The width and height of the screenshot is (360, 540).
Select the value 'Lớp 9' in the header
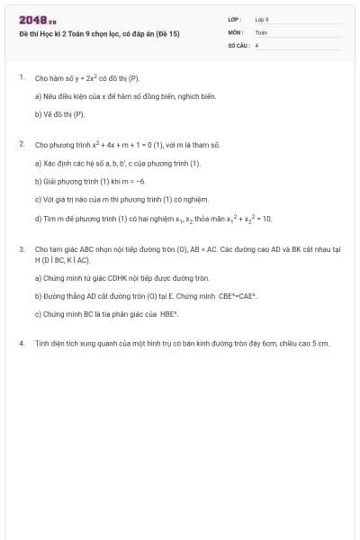(262, 19)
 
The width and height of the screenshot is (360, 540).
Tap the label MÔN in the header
(235, 31)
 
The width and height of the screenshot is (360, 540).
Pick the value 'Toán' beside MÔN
(261, 31)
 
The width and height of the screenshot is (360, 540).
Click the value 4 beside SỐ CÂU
(257, 44)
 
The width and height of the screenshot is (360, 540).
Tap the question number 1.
(21, 78)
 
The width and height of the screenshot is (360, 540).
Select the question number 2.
(21, 144)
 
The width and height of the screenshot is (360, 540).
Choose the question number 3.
(21, 247)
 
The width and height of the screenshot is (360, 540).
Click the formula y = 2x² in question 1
(87, 78)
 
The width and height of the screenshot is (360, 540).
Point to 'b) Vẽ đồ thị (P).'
(59, 114)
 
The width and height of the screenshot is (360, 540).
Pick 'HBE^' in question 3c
(169, 314)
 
